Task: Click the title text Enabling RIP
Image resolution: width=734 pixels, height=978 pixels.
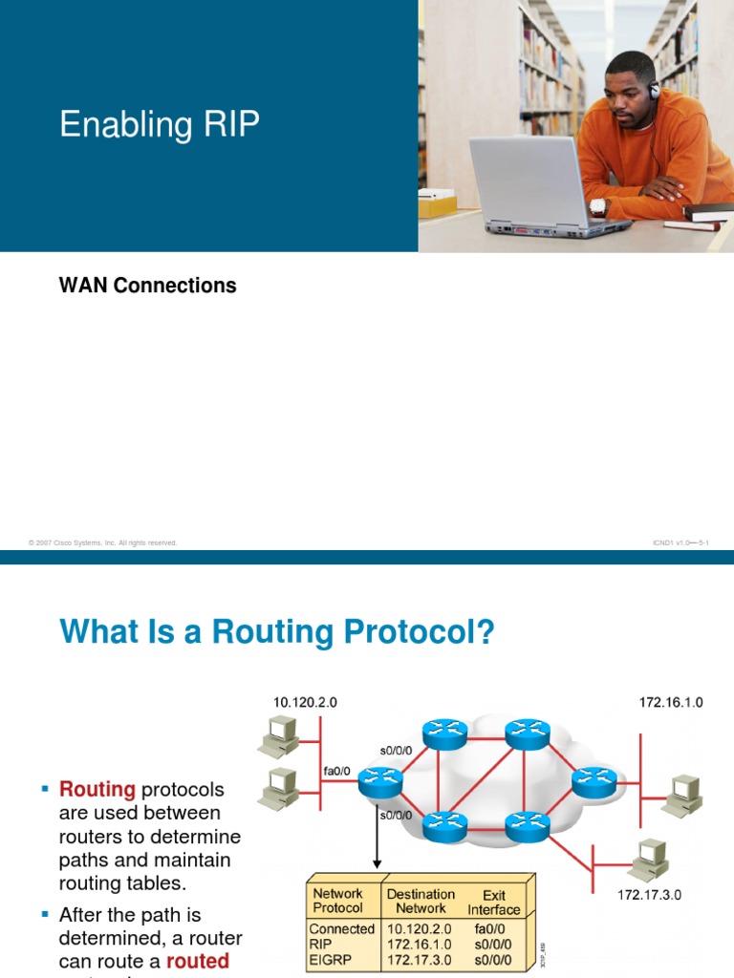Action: pos(159,125)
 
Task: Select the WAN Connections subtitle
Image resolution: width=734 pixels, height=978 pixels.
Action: pos(147,286)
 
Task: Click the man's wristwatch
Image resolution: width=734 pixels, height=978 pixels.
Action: pos(598,205)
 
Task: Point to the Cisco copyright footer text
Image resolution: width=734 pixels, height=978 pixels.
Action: pos(103,543)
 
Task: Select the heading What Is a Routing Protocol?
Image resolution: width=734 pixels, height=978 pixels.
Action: pos(277,632)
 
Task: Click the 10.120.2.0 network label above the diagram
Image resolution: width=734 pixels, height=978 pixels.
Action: pos(305,702)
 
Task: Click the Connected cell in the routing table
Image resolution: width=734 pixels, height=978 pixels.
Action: pos(342,928)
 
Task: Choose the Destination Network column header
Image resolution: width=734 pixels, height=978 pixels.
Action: pos(421,902)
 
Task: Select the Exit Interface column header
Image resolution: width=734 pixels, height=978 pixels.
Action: pos(493,903)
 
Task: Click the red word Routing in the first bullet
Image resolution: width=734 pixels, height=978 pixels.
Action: pos(97,790)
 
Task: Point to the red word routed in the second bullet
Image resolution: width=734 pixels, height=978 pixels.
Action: pos(198,961)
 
